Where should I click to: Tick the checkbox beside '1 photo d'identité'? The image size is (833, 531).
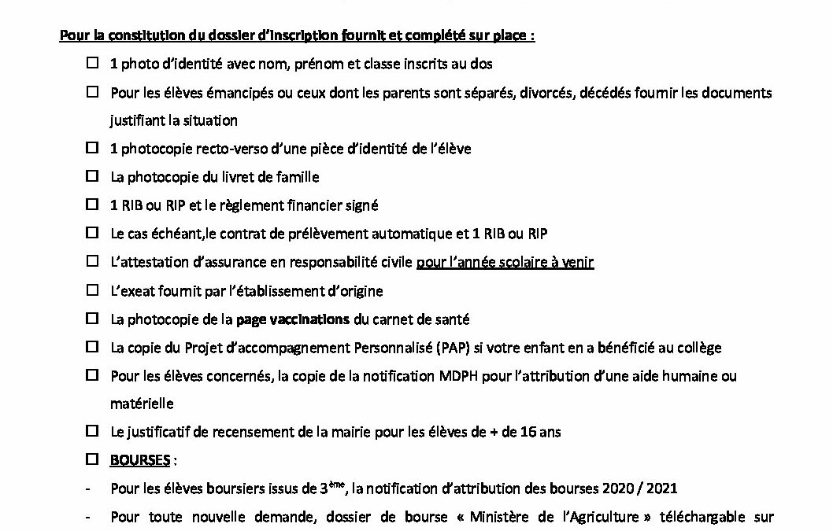point(92,64)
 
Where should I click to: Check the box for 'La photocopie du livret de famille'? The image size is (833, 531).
point(92,177)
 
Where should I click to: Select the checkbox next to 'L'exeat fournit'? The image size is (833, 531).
point(92,291)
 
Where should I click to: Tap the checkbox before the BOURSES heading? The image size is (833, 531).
point(92,459)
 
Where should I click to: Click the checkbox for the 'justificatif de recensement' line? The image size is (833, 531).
point(92,431)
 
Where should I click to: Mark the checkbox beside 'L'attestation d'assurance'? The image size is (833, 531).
point(92,262)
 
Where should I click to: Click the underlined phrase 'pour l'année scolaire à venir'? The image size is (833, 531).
point(505,262)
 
